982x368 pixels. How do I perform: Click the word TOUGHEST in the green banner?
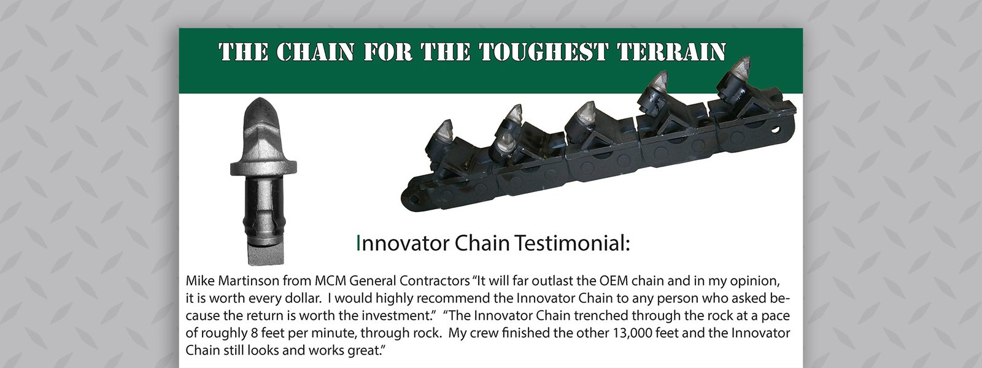(x=543, y=52)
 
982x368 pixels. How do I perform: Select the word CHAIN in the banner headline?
(x=315, y=52)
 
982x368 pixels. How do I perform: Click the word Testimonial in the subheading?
(x=572, y=243)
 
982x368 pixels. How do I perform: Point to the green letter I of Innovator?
(x=358, y=243)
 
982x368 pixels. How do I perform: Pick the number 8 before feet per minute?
(x=253, y=334)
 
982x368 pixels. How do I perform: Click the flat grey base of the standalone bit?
(x=266, y=253)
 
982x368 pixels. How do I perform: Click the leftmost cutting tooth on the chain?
(x=444, y=131)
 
